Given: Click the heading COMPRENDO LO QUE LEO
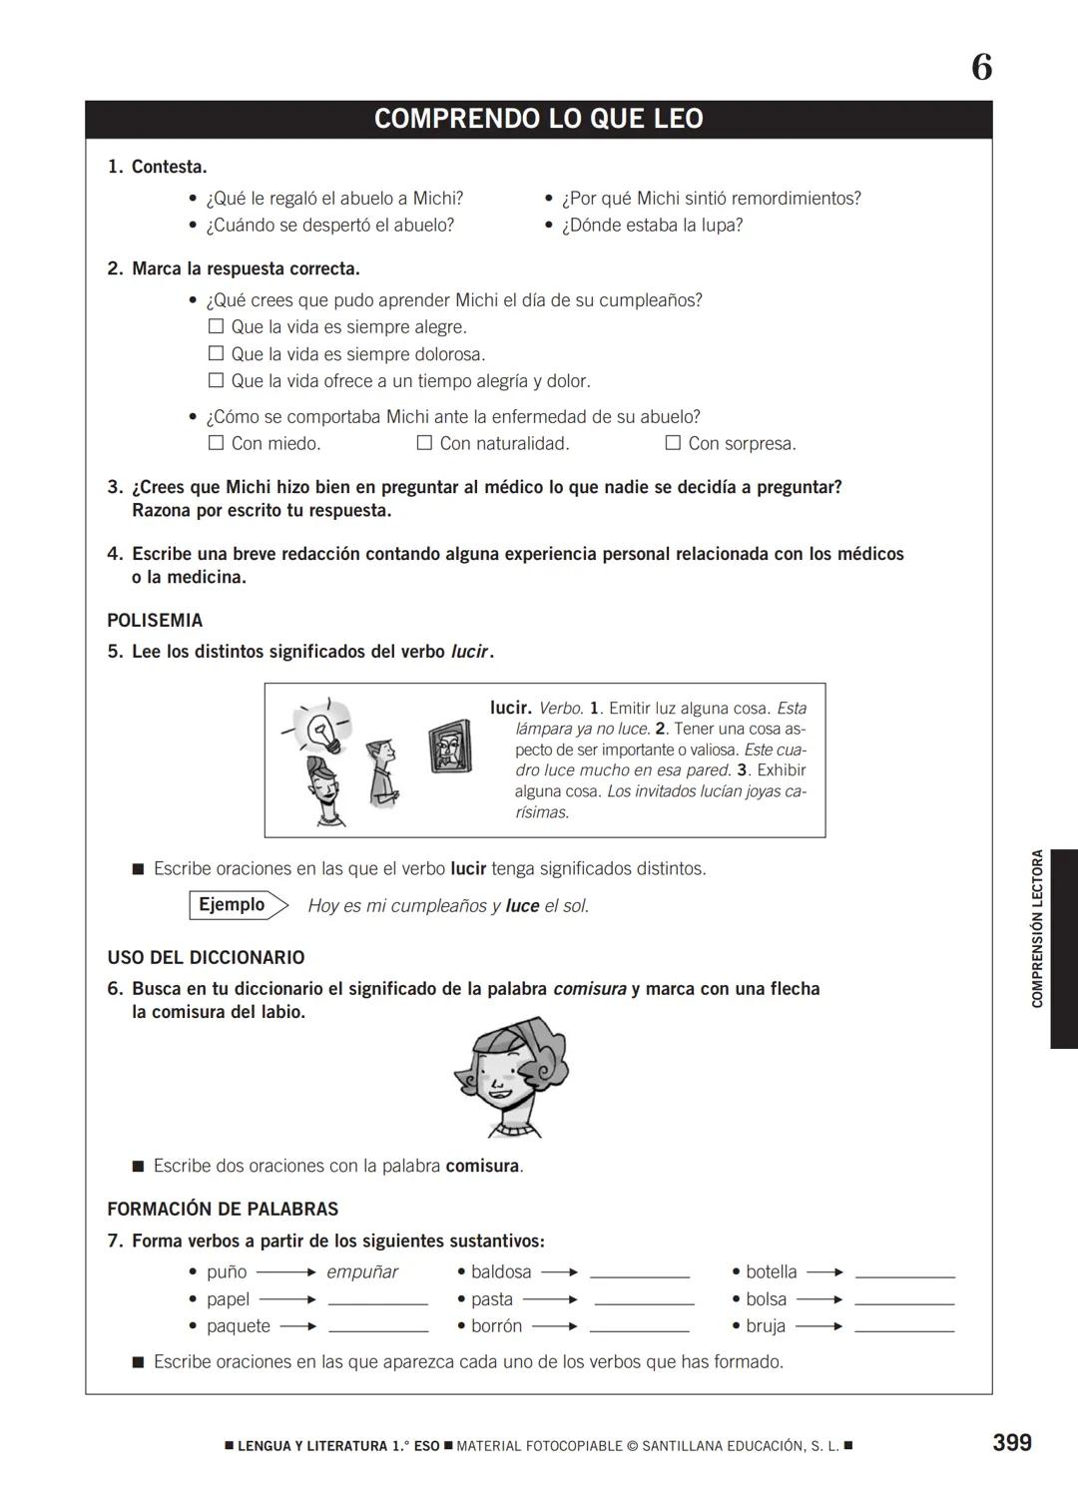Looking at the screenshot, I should pyautogui.click(x=538, y=119).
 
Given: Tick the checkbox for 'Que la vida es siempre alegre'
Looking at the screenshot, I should pyautogui.click(x=216, y=326).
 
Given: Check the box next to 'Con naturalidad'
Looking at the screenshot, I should pyautogui.click(x=424, y=442).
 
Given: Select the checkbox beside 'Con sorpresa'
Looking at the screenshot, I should pyautogui.click(x=673, y=442).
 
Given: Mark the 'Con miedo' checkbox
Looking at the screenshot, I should pyautogui.click(x=216, y=442).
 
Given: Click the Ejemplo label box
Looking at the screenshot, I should pyautogui.click(x=233, y=905).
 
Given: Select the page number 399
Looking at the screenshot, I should pyautogui.click(x=1012, y=1442).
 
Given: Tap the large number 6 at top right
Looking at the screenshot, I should pyautogui.click(x=982, y=68).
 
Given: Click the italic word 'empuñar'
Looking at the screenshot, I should pyautogui.click(x=361, y=1272).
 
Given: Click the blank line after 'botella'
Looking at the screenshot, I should pyautogui.click(x=904, y=1275).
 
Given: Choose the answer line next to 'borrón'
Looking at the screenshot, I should pyautogui.click(x=639, y=1329).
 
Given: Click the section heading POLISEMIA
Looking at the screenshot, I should pyautogui.click(x=155, y=620).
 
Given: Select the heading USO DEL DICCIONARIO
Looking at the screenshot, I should pyautogui.click(x=206, y=957).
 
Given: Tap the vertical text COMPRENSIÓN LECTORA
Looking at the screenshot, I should pyautogui.click(x=1037, y=928).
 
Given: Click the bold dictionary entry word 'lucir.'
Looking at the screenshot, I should pyautogui.click(x=510, y=708).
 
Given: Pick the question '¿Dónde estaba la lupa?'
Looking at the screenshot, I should pyautogui.click(x=652, y=226).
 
